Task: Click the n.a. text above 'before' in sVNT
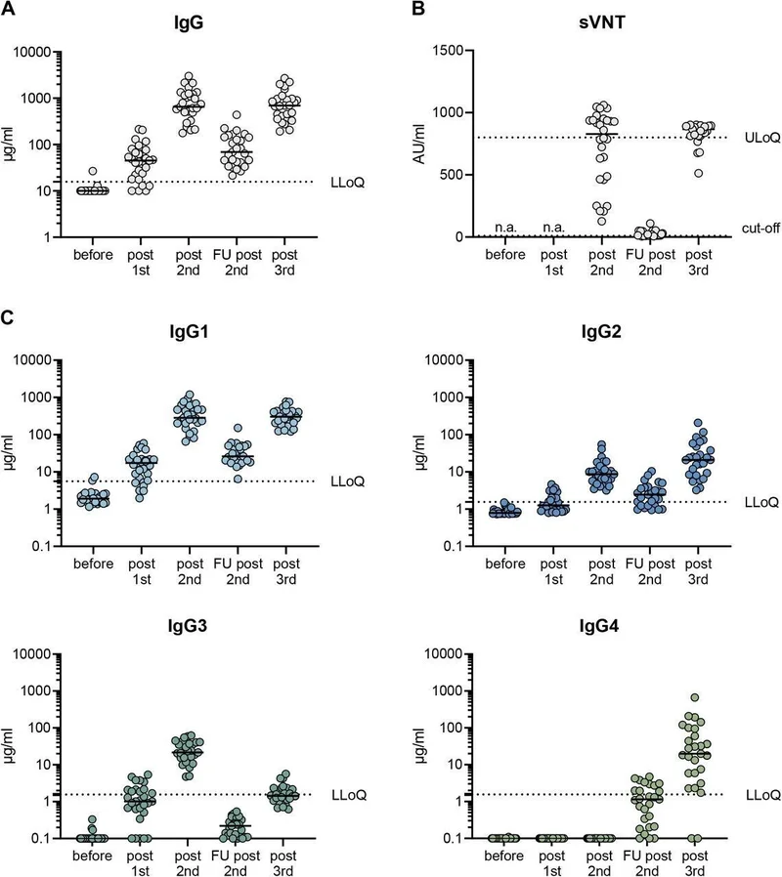click(503, 227)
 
